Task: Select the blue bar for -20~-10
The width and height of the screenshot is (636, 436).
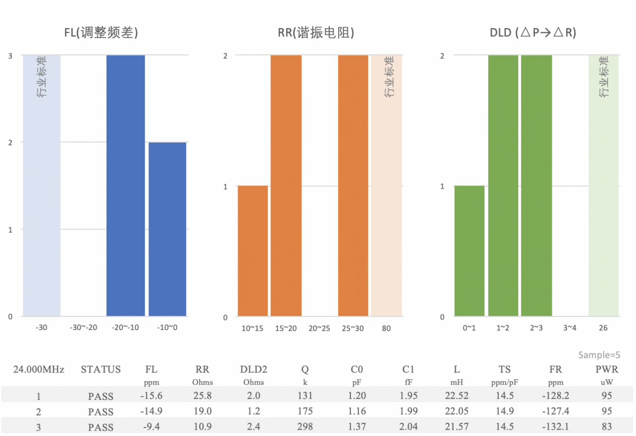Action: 126,185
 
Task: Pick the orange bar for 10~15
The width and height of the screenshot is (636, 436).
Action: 252,251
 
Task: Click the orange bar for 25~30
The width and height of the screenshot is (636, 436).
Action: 353,185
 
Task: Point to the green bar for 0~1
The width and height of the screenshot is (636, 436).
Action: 469,251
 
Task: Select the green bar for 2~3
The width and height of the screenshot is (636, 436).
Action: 536,185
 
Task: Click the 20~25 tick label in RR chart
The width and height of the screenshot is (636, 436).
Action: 319,328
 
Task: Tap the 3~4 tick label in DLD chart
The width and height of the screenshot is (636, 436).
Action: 569,328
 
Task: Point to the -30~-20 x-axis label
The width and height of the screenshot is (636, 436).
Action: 84,328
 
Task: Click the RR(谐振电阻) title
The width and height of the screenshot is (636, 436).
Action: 316,33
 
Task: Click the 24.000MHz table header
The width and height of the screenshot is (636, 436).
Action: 39,370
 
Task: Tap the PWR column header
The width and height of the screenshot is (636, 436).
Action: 606,370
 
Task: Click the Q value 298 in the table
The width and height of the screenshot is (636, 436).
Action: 305,427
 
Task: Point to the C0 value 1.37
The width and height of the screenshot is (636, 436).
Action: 357,427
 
